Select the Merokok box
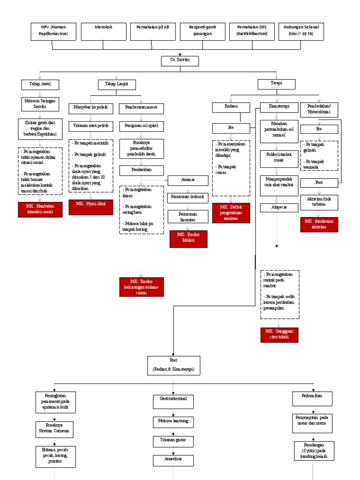pos(104,31)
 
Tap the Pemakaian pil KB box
pos(153,31)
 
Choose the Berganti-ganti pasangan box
pos(202,31)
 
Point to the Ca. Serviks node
pos(180,61)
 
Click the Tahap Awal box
pos(40,84)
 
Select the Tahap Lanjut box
pos(117,84)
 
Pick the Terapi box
pos(277,84)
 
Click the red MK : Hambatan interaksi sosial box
pos(40,210)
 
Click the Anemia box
pos(187,180)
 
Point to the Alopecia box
pos(279,207)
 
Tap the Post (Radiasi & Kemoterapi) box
pos(174,365)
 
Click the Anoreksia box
pos(174,460)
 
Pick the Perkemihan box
pos(313,398)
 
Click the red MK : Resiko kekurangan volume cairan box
pos(142,287)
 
